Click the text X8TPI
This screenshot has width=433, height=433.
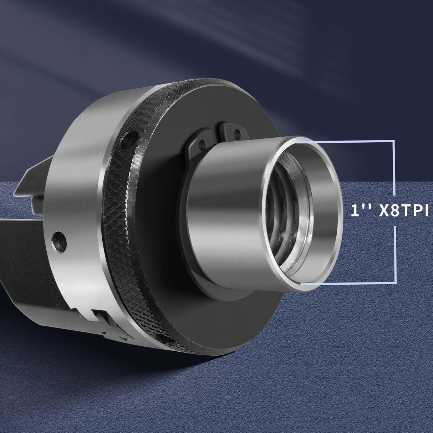[405, 211]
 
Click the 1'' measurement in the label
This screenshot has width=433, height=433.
[358, 211]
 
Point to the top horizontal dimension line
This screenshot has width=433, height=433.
[346, 141]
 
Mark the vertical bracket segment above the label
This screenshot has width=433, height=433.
[394, 168]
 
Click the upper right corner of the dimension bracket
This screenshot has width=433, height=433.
[394, 141]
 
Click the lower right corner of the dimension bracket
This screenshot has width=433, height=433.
[394, 284]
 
